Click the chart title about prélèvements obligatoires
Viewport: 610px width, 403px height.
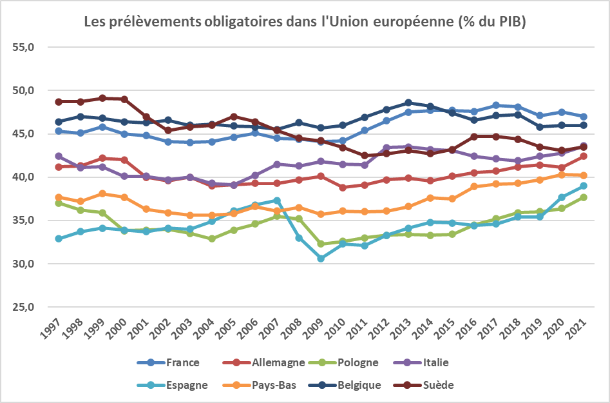click(305, 21)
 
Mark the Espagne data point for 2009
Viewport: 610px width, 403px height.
click(321, 258)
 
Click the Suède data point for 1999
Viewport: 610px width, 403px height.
click(102, 98)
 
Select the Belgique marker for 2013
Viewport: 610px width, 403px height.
click(408, 103)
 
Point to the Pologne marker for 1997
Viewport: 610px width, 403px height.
click(59, 202)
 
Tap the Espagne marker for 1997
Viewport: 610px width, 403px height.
click(59, 239)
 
